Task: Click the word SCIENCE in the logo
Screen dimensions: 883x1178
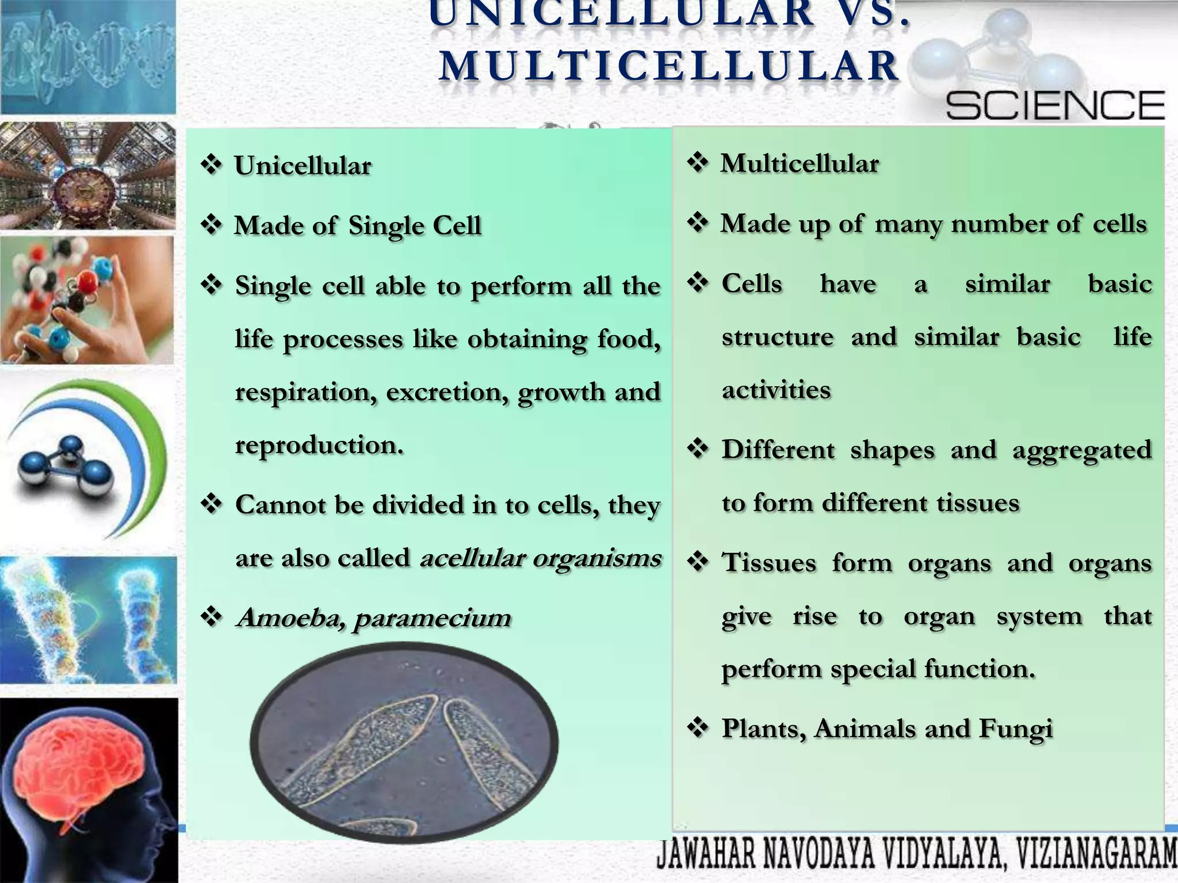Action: (x=1055, y=106)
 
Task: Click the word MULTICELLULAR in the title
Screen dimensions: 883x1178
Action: (x=670, y=66)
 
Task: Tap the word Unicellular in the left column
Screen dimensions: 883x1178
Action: (x=303, y=166)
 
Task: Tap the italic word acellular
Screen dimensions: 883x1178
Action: (x=472, y=558)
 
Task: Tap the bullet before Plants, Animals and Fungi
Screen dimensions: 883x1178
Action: (x=698, y=728)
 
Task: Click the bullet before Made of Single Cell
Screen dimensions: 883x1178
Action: (x=211, y=225)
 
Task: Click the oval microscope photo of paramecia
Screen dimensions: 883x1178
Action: (x=404, y=742)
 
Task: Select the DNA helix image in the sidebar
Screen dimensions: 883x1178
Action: (x=88, y=57)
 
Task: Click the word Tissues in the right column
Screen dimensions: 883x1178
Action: (x=768, y=563)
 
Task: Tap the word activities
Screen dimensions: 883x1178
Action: (x=776, y=390)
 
